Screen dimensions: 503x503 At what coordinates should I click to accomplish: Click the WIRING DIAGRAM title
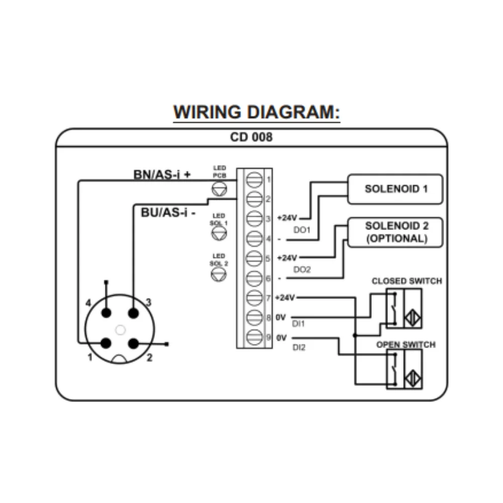(x=257, y=112)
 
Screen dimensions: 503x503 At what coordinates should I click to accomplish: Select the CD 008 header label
(x=251, y=137)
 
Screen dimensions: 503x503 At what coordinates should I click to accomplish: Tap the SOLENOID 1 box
(x=396, y=189)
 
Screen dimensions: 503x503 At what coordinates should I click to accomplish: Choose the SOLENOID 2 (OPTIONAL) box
(x=396, y=232)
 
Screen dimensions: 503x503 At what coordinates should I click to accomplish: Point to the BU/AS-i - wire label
(x=168, y=212)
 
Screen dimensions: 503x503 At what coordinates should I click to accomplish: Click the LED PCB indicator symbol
(x=220, y=189)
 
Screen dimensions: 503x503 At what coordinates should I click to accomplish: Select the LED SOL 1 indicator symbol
(x=220, y=232)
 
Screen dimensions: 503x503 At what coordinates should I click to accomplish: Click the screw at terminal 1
(x=255, y=179)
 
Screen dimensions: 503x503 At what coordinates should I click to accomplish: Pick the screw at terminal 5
(x=255, y=258)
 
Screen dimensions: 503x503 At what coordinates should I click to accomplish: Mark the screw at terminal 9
(x=255, y=338)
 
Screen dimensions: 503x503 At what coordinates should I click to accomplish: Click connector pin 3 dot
(x=133, y=313)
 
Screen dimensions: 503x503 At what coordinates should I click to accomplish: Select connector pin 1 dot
(x=106, y=343)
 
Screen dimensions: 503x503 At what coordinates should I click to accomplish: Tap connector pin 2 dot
(x=133, y=343)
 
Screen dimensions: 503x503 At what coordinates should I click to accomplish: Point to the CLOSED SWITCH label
(x=406, y=281)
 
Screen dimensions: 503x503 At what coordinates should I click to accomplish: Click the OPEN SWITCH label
(x=406, y=345)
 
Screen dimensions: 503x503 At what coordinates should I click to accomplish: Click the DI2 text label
(x=298, y=348)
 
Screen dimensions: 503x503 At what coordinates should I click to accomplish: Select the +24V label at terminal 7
(x=286, y=297)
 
